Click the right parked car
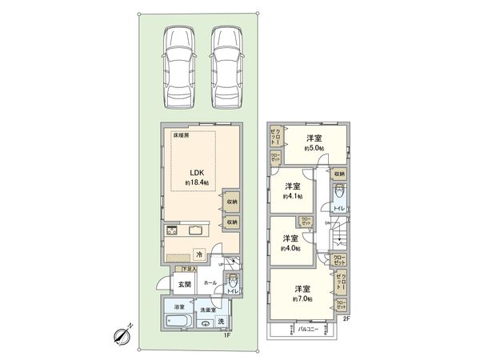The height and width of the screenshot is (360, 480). coord(230,67)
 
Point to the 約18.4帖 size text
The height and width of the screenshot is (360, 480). coord(196,183)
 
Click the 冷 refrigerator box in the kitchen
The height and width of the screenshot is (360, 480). coord(199,254)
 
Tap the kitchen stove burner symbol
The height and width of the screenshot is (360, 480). coord(174,232)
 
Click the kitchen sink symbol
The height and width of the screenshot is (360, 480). coord(197,232)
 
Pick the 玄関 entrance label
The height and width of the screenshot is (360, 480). coord(183,283)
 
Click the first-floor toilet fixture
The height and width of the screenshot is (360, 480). coord(232,282)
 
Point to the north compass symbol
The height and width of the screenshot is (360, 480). coord(122,335)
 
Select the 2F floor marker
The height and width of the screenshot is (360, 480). coord(346,318)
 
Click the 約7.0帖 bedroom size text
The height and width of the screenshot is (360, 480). coord(302,298)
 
